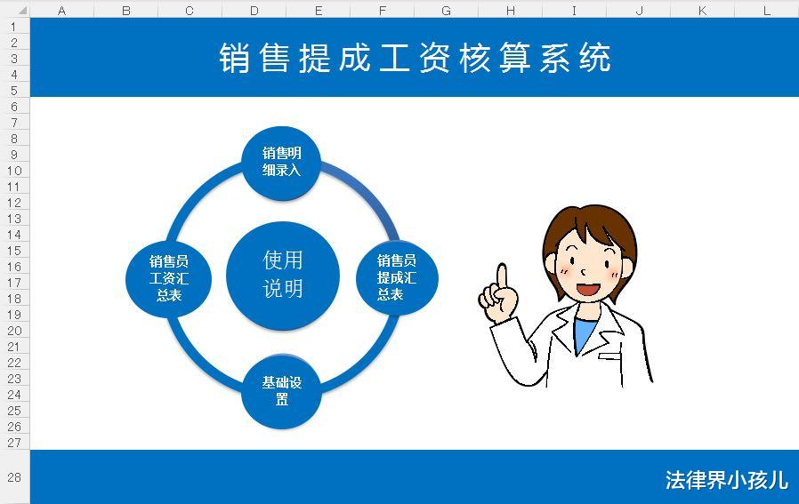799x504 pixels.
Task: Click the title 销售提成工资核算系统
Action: click(415, 58)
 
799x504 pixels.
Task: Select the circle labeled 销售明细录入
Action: click(282, 162)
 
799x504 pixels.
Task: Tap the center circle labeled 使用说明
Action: click(283, 274)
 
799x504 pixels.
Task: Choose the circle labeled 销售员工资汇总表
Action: click(169, 277)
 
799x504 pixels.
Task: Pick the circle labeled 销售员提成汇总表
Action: click(397, 277)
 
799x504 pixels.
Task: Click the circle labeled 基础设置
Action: click(282, 391)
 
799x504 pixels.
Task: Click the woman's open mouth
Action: click(589, 288)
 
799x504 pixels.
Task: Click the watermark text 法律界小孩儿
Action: click(726, 480)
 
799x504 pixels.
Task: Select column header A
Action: click(62, 11)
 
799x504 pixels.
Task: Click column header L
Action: click(767, 11)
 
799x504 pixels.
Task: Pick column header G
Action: click(446, 11)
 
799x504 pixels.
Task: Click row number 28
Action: click(14, 477)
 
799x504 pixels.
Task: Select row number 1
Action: click(14, 26)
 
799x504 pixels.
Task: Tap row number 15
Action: click(14, 250)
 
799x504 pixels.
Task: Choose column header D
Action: click(254, 11)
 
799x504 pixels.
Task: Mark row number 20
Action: click(14, 330)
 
